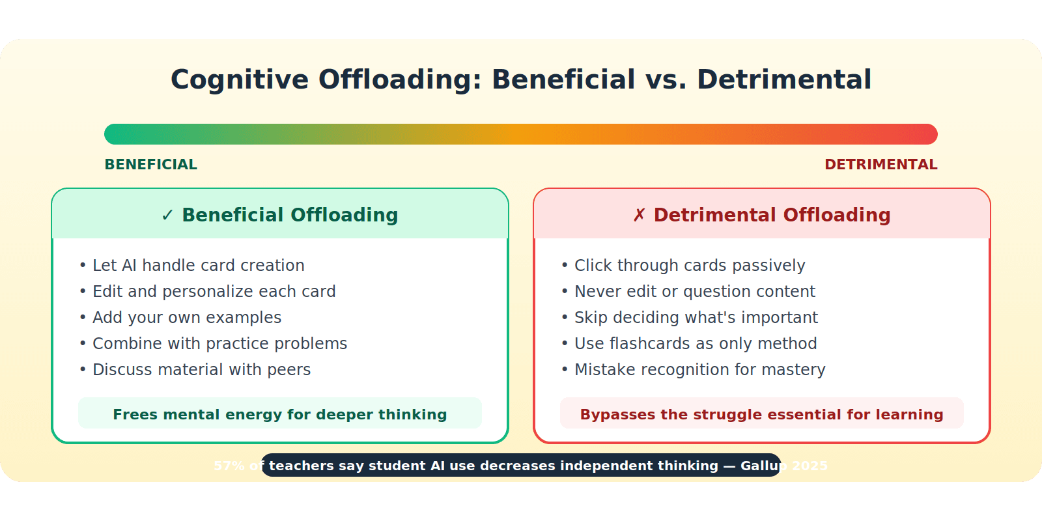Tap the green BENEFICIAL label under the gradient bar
pos(150,164)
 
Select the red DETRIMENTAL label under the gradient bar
pos(880,164)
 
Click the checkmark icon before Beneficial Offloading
pos(167,216)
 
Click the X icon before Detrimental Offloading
pos(639,216)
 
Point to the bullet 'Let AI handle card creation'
pos(198,265)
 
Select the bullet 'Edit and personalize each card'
pos(214,291)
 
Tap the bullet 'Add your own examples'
pos(186,317)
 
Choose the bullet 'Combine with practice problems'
pos(219,343)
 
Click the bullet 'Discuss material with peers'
pos(201,369)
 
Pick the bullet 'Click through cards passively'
pos(689,265)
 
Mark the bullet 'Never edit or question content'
pos(694,291)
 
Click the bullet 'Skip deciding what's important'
pos(696,317)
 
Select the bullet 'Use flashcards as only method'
pos(695,343)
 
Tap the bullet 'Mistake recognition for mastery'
pos(699,369)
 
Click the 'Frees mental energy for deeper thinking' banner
pos(280,414)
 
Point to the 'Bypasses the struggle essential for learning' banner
pos(761,414)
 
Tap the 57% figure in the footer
pos(229,466)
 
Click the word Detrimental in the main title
pos(783,79)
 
